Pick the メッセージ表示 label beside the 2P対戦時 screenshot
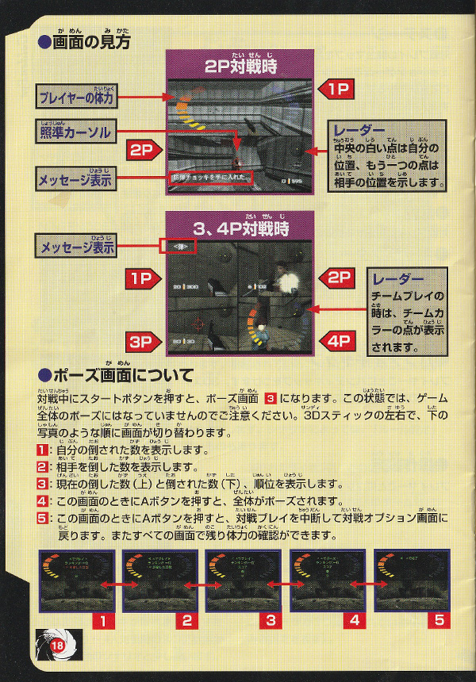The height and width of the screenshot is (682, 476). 75,180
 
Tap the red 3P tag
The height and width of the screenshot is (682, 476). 145,343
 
